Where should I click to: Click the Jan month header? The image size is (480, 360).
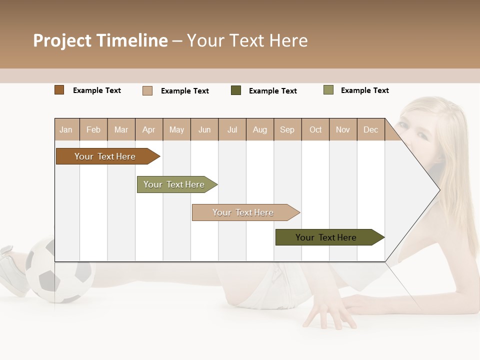coord(66,130)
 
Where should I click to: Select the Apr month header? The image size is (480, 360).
coord(149,130)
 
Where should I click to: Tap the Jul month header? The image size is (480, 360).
coord(232,130)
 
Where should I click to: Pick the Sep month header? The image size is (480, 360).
coord(287,130)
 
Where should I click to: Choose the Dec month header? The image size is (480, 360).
coord(370,130)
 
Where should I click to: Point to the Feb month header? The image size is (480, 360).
coord(93,130)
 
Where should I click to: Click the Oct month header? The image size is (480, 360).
coord(315,130)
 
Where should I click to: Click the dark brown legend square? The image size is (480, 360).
coord(59,90)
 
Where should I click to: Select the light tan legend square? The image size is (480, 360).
coord(147,90)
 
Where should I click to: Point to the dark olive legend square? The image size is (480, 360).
coord(236,90)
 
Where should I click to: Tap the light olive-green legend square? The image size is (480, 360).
coord(328,90)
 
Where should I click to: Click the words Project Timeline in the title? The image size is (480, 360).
coord(100,40)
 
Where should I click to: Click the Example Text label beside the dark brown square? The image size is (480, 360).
coord(97,90)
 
